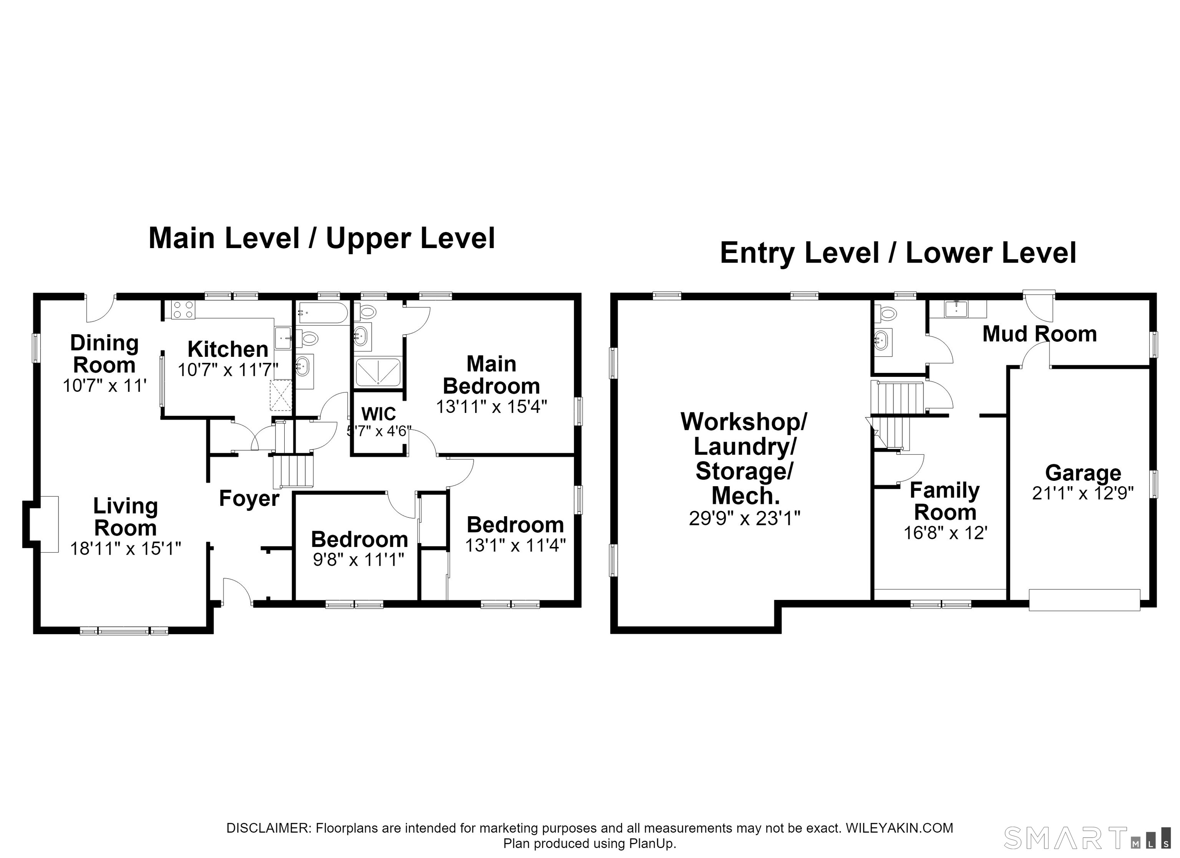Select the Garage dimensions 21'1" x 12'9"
1083,493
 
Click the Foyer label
249,499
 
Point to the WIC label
379,414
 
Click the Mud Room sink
957,308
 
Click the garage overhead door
1085,600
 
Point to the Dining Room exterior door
100,308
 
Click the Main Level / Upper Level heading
322,238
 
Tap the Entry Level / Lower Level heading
898,253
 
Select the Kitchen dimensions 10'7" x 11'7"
229,370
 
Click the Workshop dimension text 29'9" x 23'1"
744,518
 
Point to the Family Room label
945,502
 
